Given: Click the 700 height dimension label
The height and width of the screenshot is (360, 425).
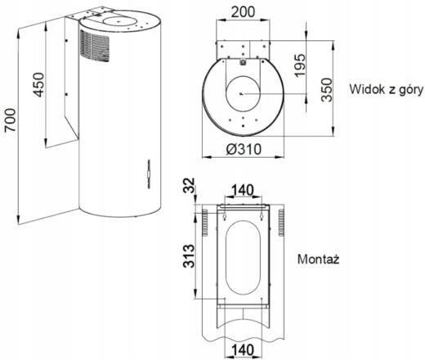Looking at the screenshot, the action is (11, 119).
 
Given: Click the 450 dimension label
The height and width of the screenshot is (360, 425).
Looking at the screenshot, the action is (38, 84).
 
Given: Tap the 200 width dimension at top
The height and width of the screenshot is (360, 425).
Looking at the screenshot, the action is (243, 11).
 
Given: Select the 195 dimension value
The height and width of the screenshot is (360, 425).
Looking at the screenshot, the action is (300, 65).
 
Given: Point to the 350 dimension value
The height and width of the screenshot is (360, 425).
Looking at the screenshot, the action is (327, 90).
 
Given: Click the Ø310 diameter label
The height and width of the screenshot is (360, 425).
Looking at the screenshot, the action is (244, 150).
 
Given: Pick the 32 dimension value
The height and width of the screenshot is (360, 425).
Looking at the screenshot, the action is (189, 185).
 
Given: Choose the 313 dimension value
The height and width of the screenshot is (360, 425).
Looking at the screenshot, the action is (189, 256).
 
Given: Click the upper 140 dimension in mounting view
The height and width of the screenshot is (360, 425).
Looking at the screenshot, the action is (243, 190).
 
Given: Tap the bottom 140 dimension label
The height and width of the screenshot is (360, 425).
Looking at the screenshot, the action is (243, 350).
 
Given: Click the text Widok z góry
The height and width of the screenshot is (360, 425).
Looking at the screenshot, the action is (387, 90).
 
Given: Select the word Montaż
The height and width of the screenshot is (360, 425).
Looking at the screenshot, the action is (318, 259).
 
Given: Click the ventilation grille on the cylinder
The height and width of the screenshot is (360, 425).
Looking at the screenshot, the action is (95, 46).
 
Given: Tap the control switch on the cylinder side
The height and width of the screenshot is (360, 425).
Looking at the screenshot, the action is (149, 174).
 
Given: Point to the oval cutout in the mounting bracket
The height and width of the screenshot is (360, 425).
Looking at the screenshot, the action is (244, 258).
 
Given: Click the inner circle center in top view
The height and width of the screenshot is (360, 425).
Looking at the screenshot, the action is (241, 94).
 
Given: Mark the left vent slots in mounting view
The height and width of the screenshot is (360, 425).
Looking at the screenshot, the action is (204, 223).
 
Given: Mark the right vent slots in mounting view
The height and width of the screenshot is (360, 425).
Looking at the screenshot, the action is (281, 223).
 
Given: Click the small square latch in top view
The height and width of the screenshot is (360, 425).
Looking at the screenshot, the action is (243, 62).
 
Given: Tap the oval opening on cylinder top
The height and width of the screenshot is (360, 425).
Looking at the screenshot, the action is (117, 20).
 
